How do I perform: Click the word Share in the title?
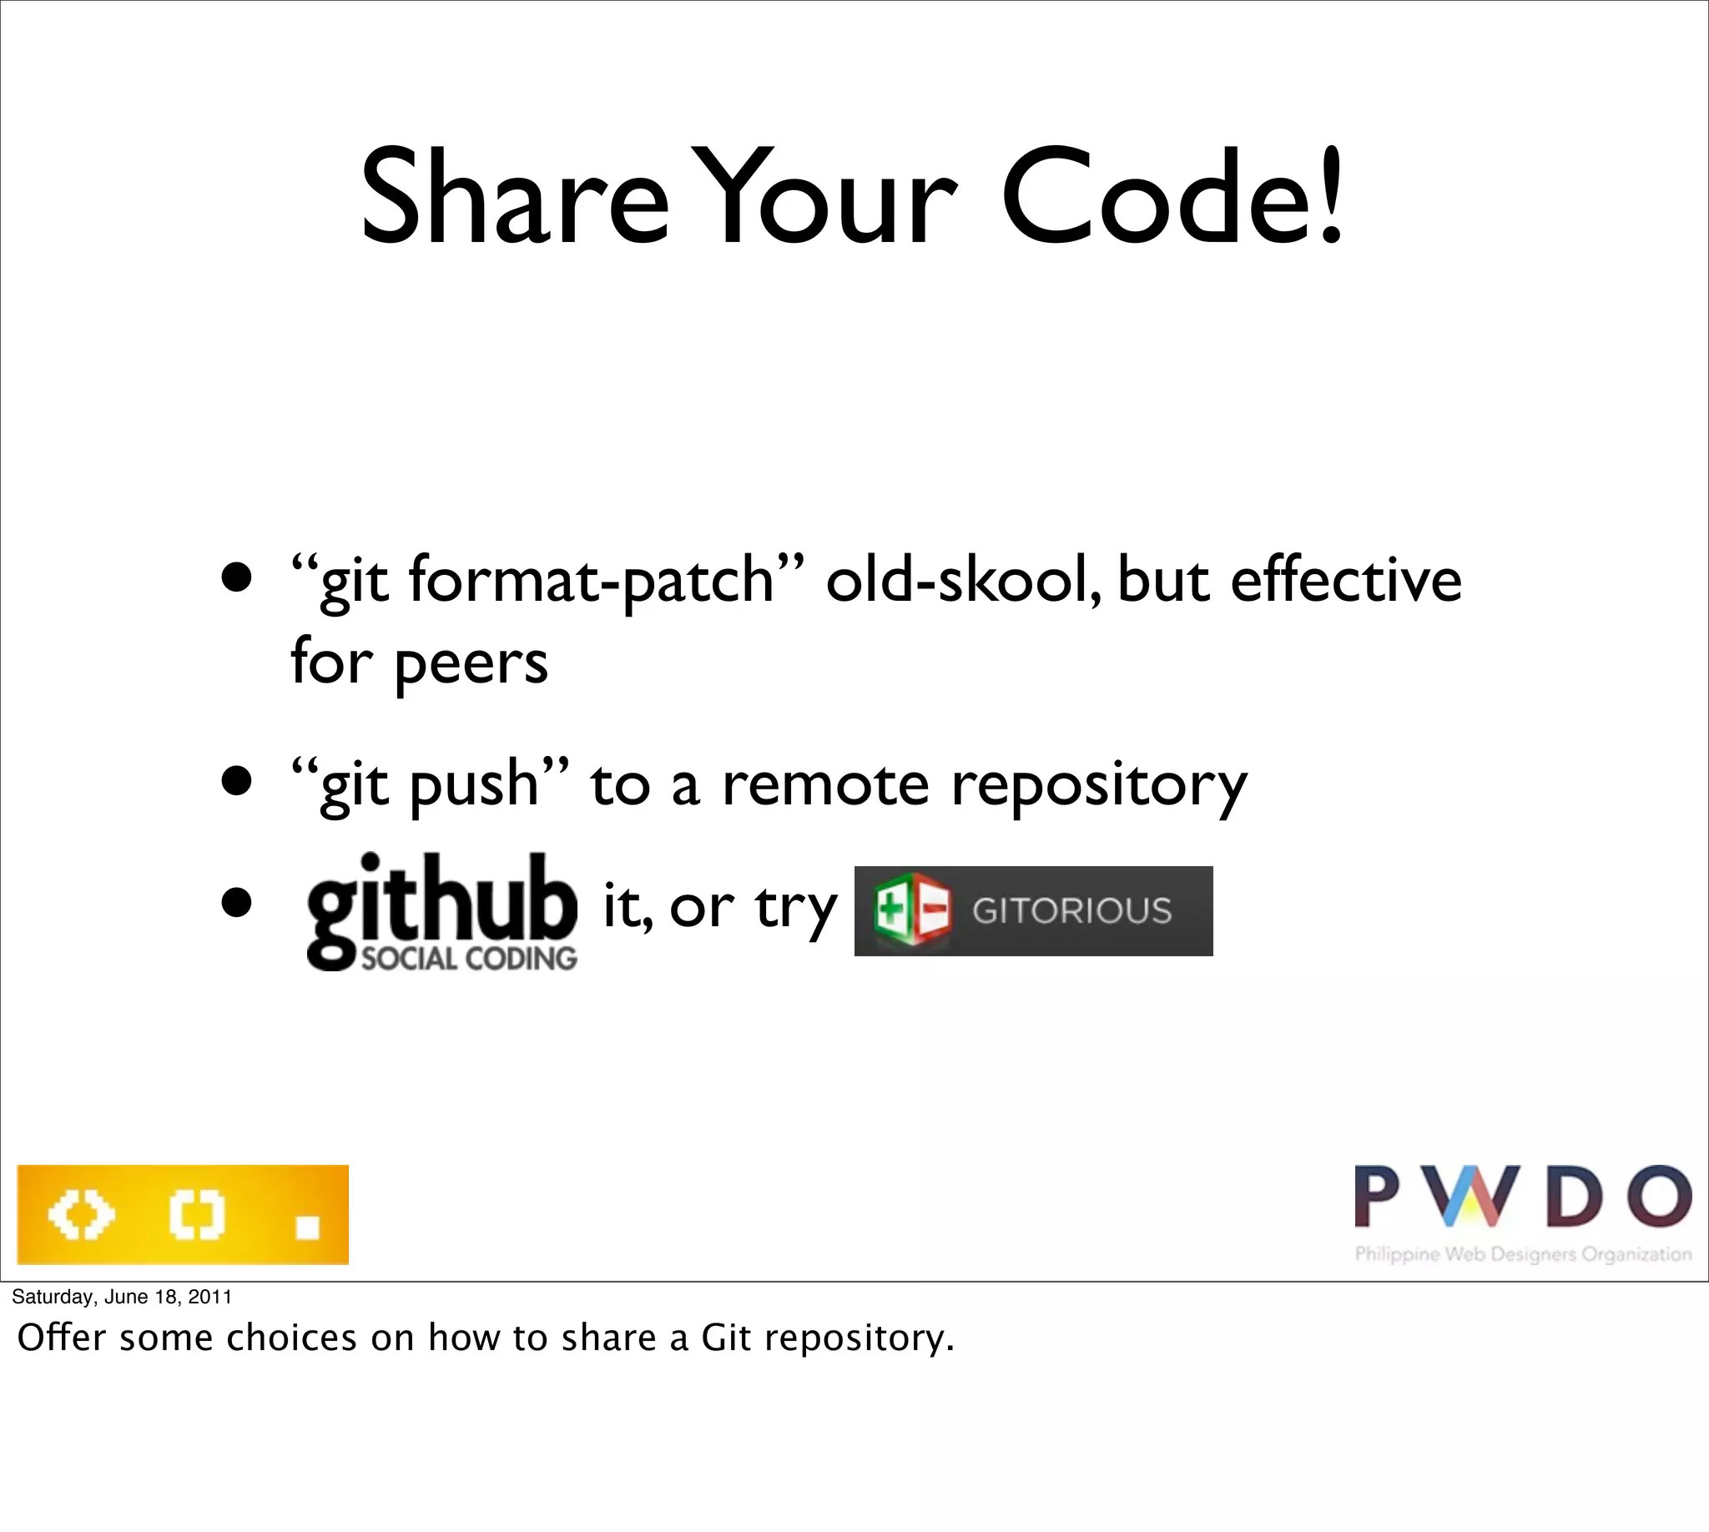coord(513,198)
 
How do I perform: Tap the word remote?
coord(825,785)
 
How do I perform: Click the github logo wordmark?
coord(442,899)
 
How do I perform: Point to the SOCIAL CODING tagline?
coord(469,959)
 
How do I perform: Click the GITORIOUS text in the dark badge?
coord(1071,911)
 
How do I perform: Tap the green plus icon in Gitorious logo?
coord(889,910)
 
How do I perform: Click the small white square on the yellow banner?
coord(308,1227)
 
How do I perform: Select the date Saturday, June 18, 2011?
coord(122,1297)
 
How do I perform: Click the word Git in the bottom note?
coord(725,1338)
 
